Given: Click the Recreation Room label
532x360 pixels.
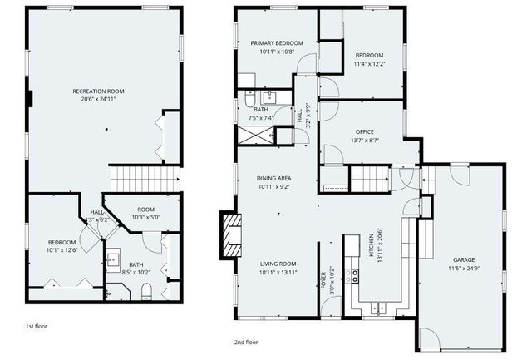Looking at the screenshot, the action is click(x=98, y=91).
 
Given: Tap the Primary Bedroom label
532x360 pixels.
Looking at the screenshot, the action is click(x=277, y=43).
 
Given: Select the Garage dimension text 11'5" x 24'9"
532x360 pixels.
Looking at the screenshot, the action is click(x=464, y=269).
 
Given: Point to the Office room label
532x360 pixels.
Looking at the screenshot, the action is click(x=365, y=131).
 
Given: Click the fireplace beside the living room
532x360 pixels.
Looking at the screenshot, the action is click(x=231, y=235).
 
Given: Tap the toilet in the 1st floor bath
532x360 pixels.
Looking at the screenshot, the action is click(x=146, y=292).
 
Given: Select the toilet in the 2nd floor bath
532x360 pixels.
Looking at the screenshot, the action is click(x=249, y=98).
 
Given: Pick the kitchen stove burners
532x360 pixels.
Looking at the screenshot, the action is click(x=355, y=275).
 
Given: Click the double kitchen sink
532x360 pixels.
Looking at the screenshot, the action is click(x=378, y=308).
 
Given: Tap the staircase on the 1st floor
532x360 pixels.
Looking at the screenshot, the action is click(x=145, y=179).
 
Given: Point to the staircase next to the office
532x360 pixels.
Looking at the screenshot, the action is click(x=370, y=179).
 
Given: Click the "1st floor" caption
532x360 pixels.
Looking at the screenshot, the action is click(x=37, y=327).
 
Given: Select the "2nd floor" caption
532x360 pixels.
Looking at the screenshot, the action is click(x=246, y=342).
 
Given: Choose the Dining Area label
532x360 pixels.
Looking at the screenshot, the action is click(x=273, y=178).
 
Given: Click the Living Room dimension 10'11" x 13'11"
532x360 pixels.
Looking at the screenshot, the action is click(x=278, y=272).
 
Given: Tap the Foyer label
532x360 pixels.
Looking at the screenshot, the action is click(x=323, y=280).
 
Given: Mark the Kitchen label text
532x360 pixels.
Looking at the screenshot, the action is click(x=371, y=245).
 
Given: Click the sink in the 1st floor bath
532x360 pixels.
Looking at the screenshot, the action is click(x=113, y=260).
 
